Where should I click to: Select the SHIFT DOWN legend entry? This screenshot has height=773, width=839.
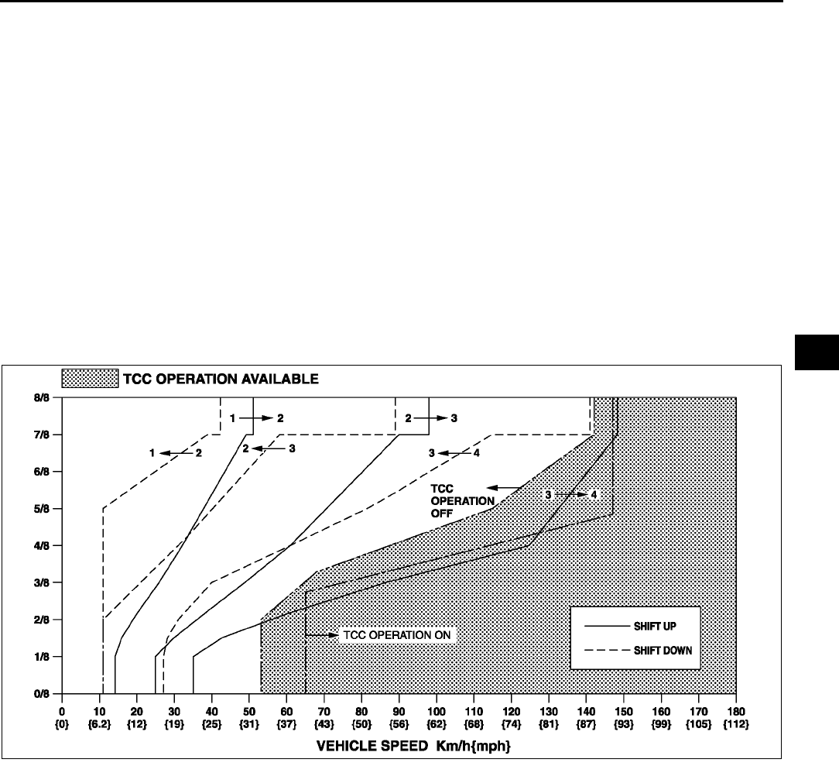[662, 650]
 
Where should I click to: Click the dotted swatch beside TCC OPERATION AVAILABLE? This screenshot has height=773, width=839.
[90, 379]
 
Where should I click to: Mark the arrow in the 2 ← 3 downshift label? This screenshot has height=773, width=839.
[268, 448]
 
